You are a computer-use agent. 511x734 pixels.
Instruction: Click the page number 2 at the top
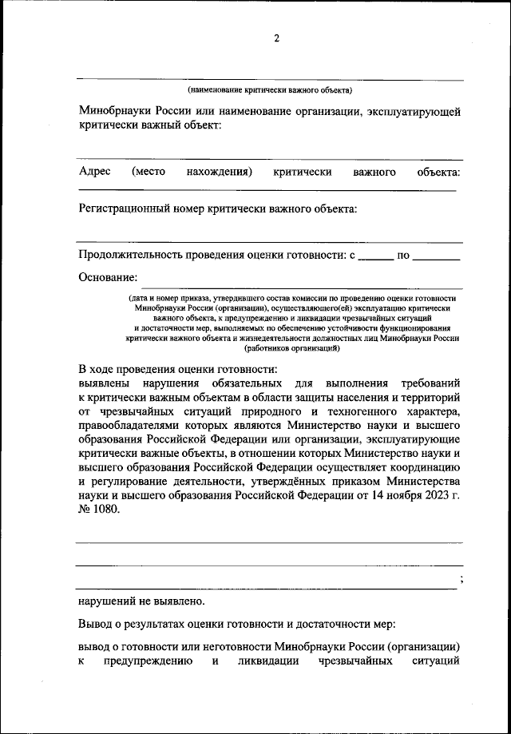[x=276, y=38]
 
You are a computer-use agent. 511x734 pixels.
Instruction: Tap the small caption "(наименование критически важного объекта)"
[x=270, y=90]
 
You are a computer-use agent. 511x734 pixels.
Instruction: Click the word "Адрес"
[x=94, y=172]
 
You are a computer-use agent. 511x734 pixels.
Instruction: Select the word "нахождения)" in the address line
[x=220, y=172]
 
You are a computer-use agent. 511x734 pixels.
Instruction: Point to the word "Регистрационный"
[x=125, y=209]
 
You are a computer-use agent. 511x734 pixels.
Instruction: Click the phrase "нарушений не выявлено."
[x=141, y=601]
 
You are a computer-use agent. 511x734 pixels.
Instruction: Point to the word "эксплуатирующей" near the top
[x=414, y=111]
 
